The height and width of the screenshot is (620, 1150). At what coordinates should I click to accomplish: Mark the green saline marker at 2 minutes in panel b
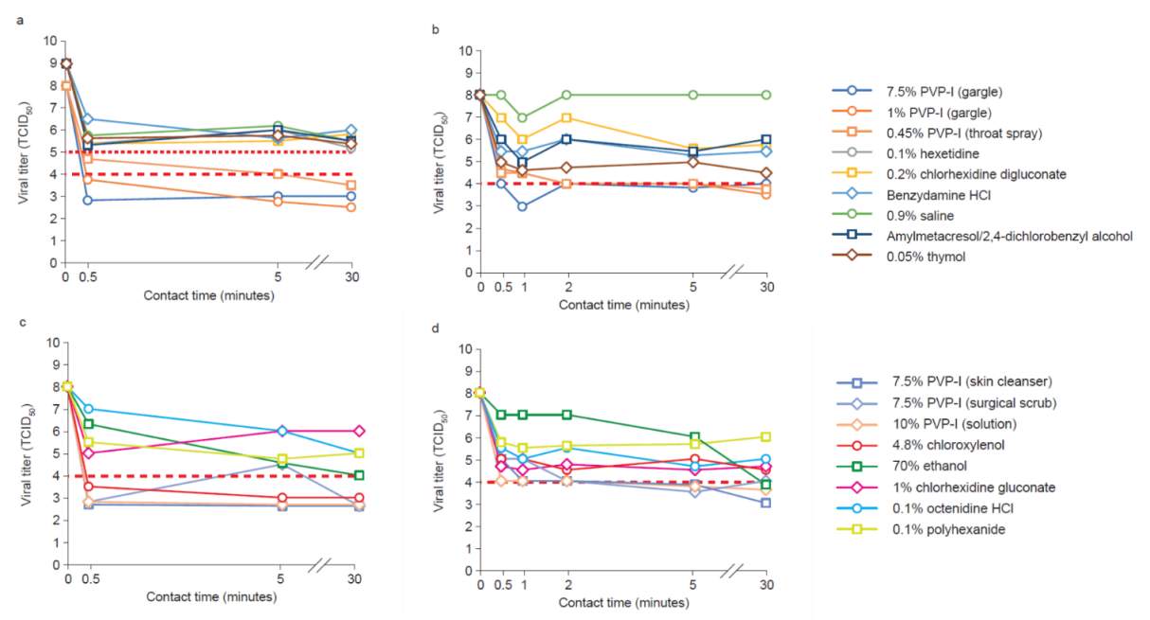click(567, 95)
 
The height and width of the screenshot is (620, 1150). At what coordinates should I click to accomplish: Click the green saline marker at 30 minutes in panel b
click(765, 95)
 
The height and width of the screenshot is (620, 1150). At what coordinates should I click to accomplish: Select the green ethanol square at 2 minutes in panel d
click(567, 415)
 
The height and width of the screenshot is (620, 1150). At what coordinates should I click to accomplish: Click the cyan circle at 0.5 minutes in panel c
click(88, 409)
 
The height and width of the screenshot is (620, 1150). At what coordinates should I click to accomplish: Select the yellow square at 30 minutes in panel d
click(765, 436)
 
